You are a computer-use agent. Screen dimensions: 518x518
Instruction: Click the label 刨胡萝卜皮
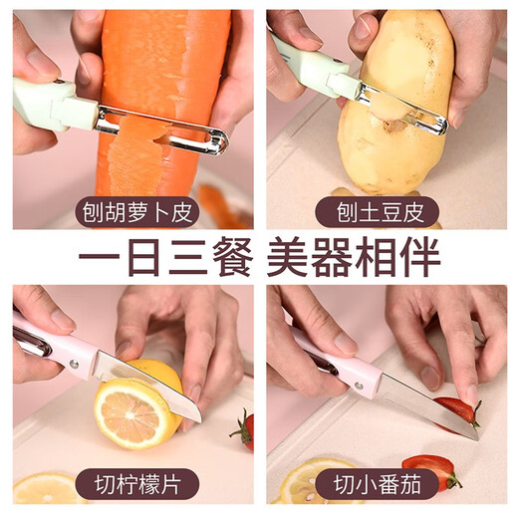pos(132,212)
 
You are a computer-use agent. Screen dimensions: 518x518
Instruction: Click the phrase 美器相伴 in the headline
pos(354,258)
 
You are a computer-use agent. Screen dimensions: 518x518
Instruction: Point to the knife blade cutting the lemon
pos(159,384)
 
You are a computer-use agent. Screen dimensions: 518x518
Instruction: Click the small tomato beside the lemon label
pos(243,430)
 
